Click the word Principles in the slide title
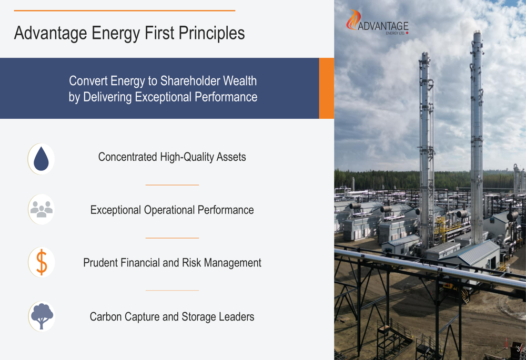pyautogui.click(x=211, y=34)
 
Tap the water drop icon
pyautogui.click(x=41, y=159)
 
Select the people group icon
pyautogui.click(x=41, y=210)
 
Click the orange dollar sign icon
pyautogui.click(x=42, y=262)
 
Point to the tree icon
pyautogui.click(x=42, y=316)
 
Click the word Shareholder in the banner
pyautogui.click(x=190, y=81)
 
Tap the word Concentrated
pyautogui.click(x=127, y=157)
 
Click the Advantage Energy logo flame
pyautogui.click(x=353, y=19)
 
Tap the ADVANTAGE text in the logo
pyautogui.click(x=383, y=26)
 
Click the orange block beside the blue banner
pyautogui.click(x=327, y=88)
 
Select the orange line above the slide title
pyautogui.click(x=125, y=11)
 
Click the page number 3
pyautogui.click(x=518, y=349)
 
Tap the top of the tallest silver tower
pyautogui.click(x=478, y=32)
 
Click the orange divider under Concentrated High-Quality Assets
pyautogui.click(x=172, y=184)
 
